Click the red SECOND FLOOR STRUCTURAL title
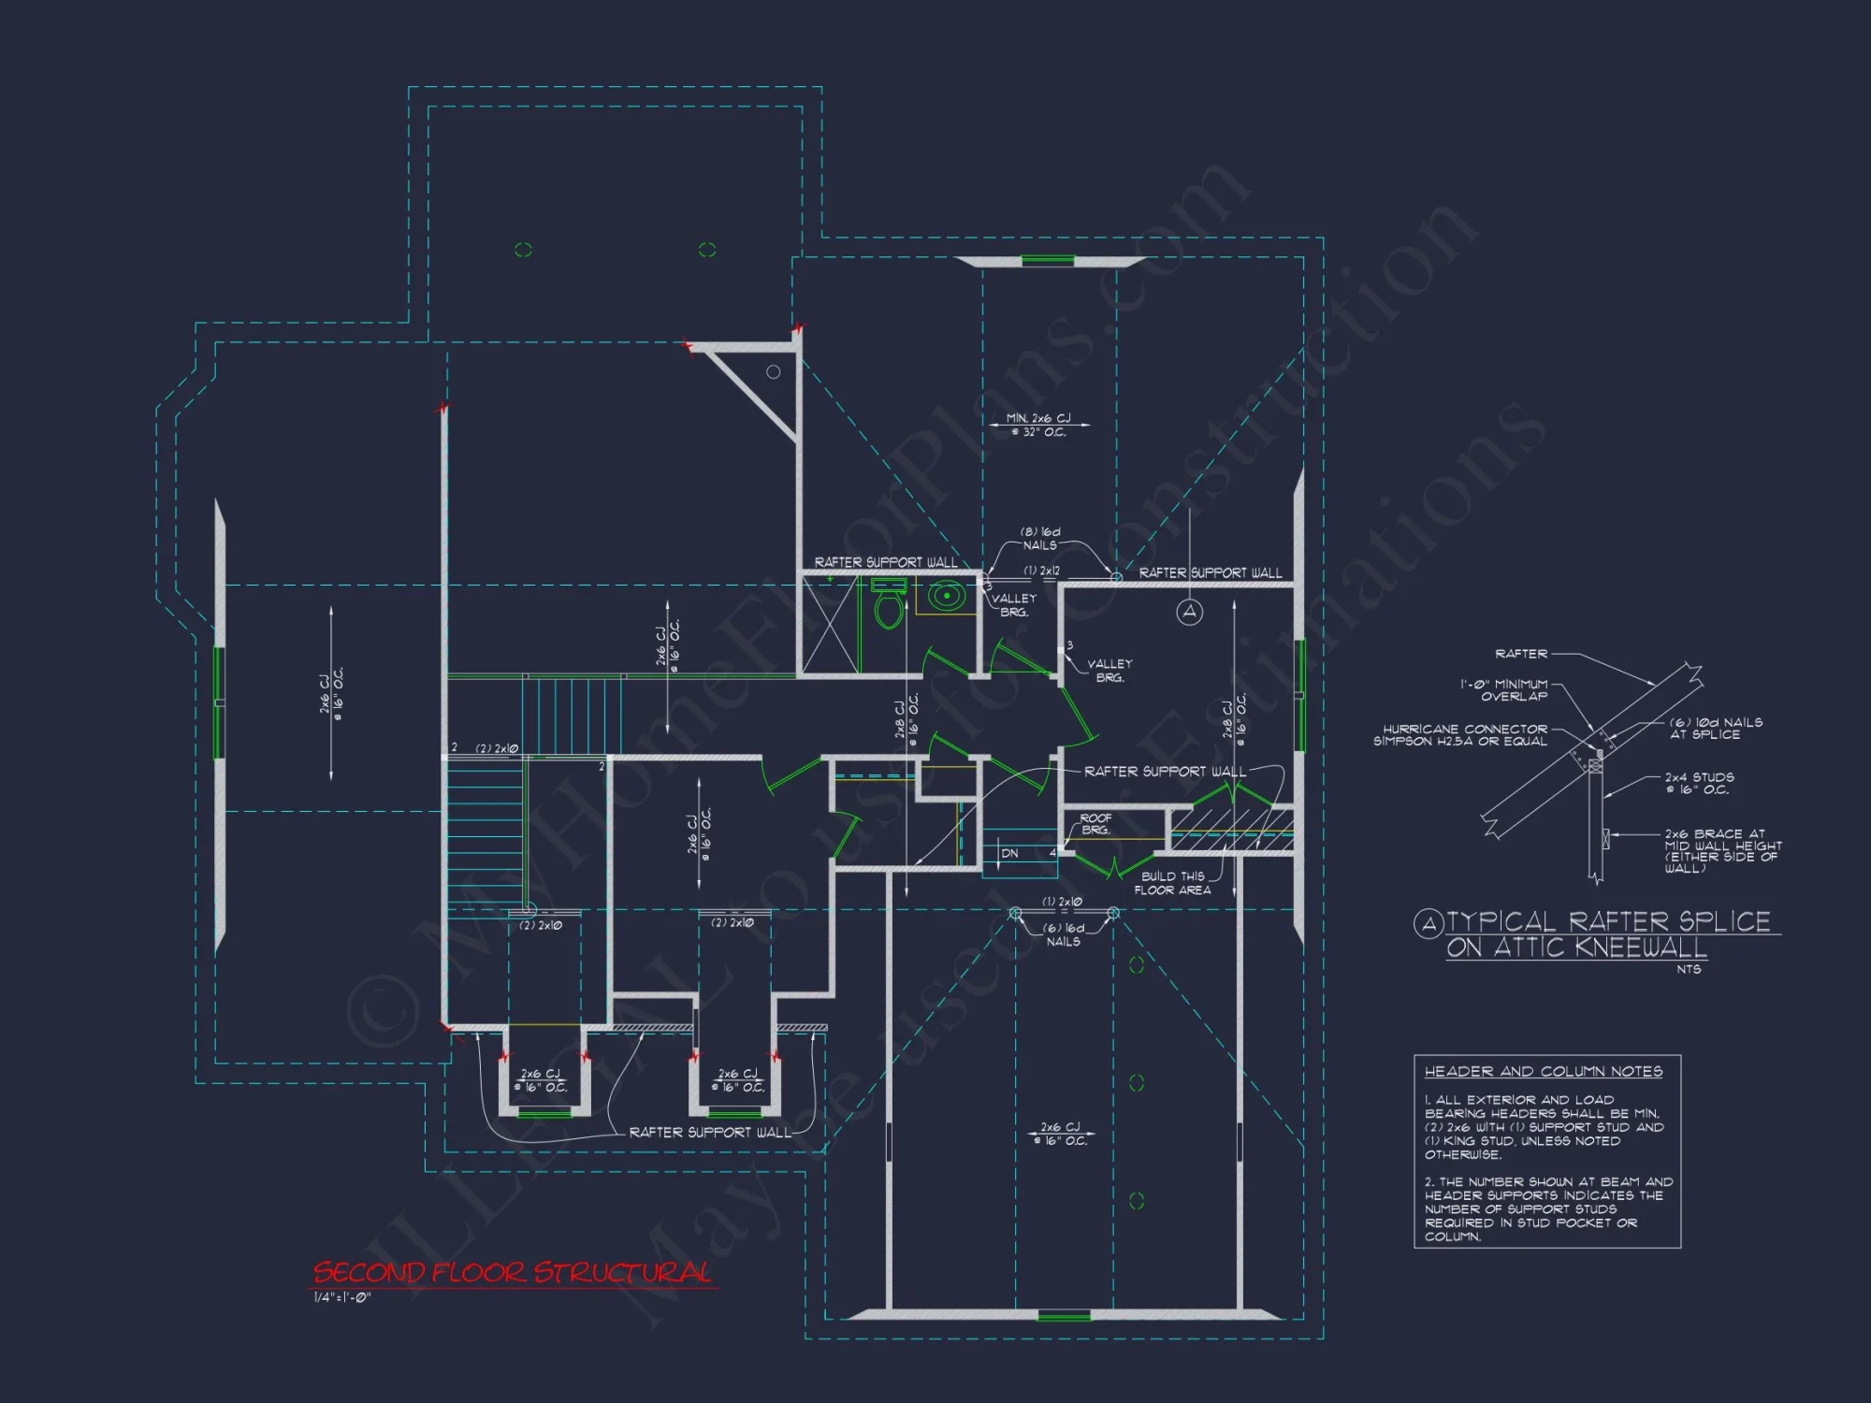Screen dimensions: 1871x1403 512,1273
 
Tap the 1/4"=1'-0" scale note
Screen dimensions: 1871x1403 342,1297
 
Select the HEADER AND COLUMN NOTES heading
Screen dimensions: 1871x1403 1543,1072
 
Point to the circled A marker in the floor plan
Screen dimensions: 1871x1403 1189,612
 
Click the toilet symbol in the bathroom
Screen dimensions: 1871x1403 888,606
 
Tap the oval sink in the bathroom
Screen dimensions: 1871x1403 947,595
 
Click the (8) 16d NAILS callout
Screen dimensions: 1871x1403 1039,539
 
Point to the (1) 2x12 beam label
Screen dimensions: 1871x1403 1041,571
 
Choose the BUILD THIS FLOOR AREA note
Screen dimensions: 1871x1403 1172,884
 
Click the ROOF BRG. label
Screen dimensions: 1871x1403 1095,824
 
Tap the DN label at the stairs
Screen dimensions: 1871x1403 1009,853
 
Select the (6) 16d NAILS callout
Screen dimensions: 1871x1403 1064,934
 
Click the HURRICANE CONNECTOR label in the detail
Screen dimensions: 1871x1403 1460,735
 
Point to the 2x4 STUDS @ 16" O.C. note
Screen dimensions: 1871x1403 1699,784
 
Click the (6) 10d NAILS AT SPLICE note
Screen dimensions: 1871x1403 1716,729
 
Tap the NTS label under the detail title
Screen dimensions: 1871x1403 1689,969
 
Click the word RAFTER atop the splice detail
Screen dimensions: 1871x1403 1521,654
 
